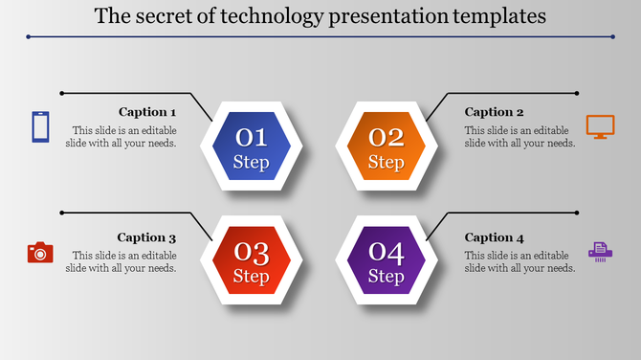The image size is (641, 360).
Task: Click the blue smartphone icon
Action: [x=40, y=126]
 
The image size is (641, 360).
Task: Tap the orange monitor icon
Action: [x=600, y=126]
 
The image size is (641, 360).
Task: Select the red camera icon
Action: [x=40, y=252]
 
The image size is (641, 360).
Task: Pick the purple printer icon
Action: [x=600, y=252]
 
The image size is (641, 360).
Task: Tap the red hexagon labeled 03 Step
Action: [x=252, y=261]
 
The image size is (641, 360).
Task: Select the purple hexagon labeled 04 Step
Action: [x=387, y=261]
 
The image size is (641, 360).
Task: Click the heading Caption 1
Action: [x=147, y=112]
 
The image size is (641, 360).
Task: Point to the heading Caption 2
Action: [x=495, y=112]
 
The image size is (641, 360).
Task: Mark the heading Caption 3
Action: [x=147, y=237]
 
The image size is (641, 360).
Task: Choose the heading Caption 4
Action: [x=495, y=237]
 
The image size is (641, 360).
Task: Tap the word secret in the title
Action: [x=163, y=16]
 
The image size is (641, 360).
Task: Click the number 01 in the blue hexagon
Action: [x=252, y=137]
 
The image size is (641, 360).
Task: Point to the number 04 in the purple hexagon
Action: [x=387, y=253]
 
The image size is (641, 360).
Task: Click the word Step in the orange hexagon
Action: [x=387, y=163]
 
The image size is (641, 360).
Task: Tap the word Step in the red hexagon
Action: [x=252, y=278]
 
